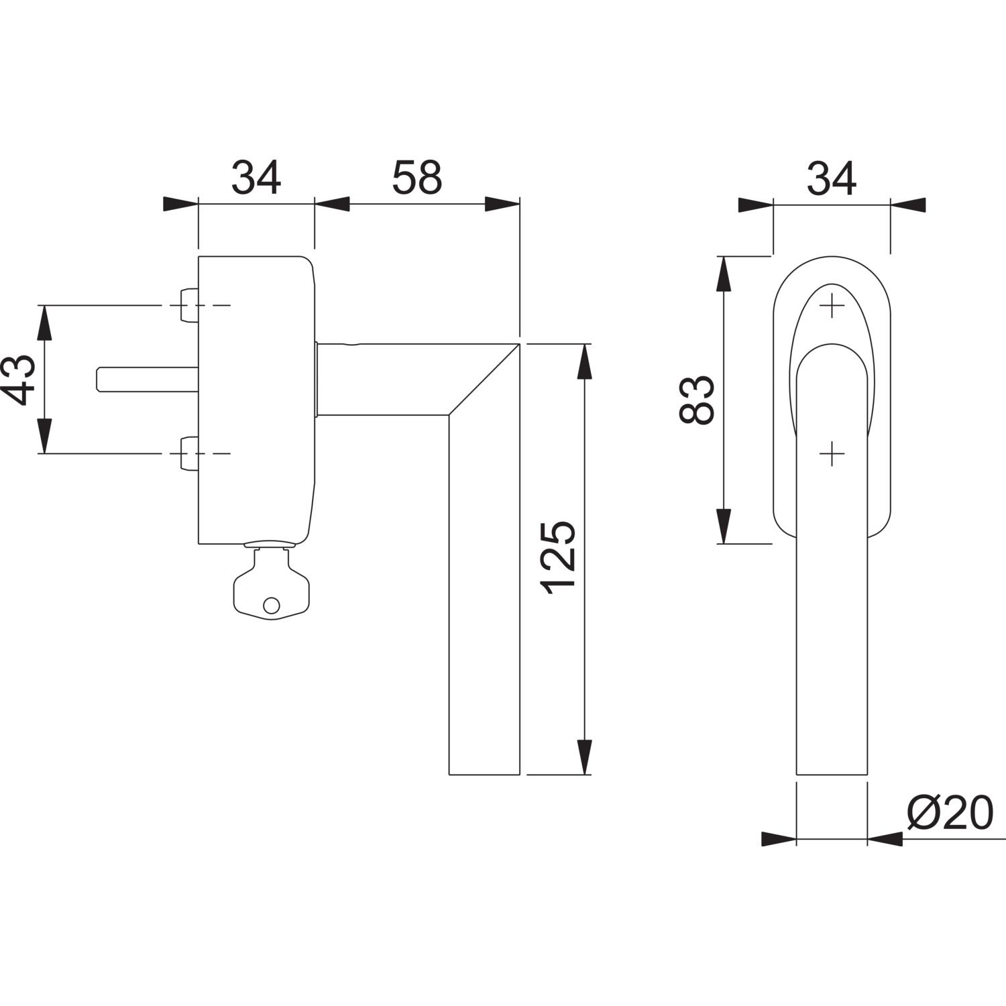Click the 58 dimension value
[417, 178]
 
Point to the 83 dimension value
[695, 400]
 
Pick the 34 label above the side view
[256, 178]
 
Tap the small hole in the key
[270, 605]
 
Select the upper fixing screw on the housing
[189, 305]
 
